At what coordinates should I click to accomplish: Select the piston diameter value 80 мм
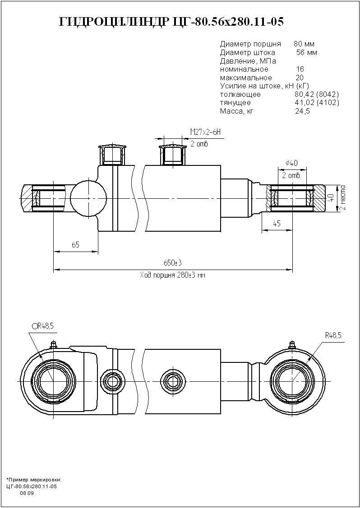pos(304,44)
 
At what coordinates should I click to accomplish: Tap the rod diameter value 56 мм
pos(306,52)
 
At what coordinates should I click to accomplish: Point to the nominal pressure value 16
pos(300,69)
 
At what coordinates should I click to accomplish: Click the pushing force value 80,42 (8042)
pos(316,95)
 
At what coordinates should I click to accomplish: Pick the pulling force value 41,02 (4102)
pos(316,103)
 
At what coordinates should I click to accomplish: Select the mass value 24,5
pos(302,111)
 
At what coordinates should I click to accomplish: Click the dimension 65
pos(75,245)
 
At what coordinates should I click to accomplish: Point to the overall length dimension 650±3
pos(172,263)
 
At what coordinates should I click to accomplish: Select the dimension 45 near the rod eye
pos(277,224)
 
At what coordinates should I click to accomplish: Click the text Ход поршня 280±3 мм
pos(172,275)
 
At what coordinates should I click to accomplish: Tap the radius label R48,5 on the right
pos(333,335)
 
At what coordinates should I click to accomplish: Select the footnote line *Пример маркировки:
pos(34,480)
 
